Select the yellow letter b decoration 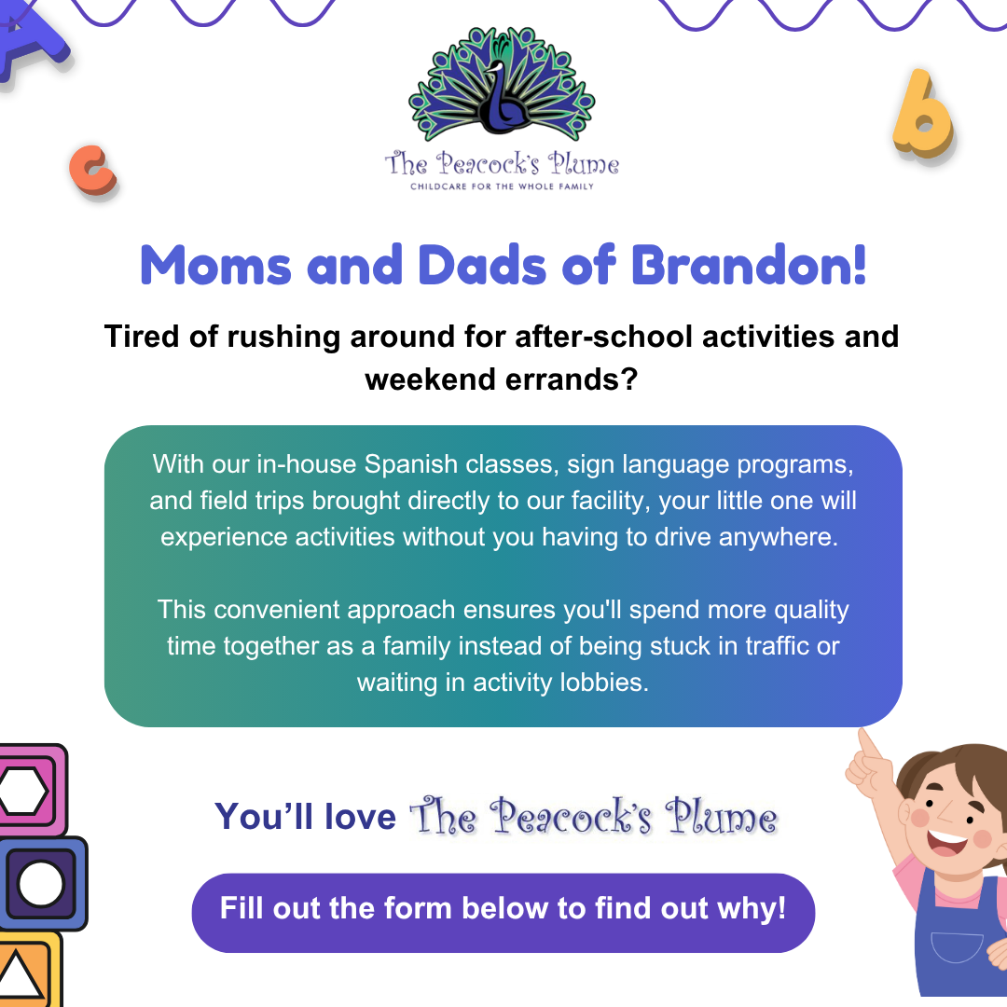click(921, 114)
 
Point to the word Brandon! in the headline click(750, 266)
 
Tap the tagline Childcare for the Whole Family click(502, 186)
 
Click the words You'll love click(305, 817)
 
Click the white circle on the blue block click(40, 883)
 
